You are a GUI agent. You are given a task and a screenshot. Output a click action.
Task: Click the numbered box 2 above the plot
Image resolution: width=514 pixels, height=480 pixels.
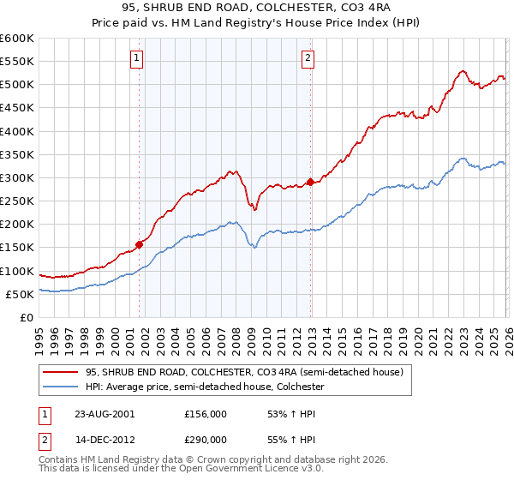coord(308,58)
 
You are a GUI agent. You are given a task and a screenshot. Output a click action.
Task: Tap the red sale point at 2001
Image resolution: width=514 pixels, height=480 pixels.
coord(139,244)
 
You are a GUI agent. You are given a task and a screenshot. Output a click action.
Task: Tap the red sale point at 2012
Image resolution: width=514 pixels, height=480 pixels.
coord(311,182)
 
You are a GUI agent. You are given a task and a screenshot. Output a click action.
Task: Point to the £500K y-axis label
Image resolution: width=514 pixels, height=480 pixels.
coord(16,85)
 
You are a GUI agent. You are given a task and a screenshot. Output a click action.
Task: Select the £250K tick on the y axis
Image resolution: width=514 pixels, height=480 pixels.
coord(16,201)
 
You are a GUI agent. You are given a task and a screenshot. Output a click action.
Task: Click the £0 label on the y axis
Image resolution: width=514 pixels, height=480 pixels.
coord(26,317)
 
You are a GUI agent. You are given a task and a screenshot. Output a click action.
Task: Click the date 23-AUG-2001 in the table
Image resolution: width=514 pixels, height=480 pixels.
coord(104,413)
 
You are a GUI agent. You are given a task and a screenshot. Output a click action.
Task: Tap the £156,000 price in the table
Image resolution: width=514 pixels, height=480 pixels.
coord(206,413)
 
